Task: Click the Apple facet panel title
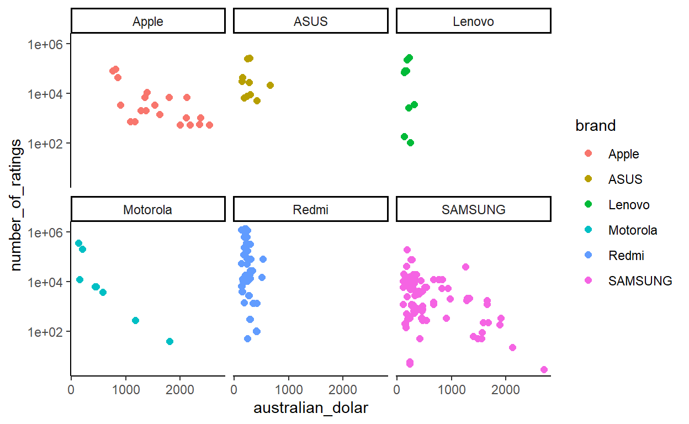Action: coord(148,22)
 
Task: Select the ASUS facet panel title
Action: coord(310,22)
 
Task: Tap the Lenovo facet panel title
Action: coord(473,22)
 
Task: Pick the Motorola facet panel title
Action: coord(148,210)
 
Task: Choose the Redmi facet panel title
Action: coord(310,210)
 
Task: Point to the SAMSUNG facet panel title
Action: coord(473,210)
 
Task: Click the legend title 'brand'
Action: coord(595,126)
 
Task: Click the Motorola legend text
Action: coord(633,230)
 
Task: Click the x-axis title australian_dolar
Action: coord(310,409)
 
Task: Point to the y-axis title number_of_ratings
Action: coord(17,204)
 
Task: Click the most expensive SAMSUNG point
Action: coord(544,369)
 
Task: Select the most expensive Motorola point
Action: coord(169,341)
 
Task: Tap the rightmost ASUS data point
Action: coord(270,85)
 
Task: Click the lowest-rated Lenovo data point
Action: coord(410,142)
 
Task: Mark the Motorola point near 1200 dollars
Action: coord(135,320)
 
